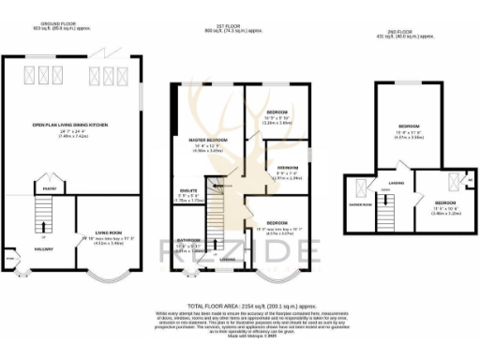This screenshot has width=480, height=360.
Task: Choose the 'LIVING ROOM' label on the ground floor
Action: [110, 233]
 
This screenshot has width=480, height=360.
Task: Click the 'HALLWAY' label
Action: [44, 249]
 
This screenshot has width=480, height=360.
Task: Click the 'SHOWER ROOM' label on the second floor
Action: [361, 203]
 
